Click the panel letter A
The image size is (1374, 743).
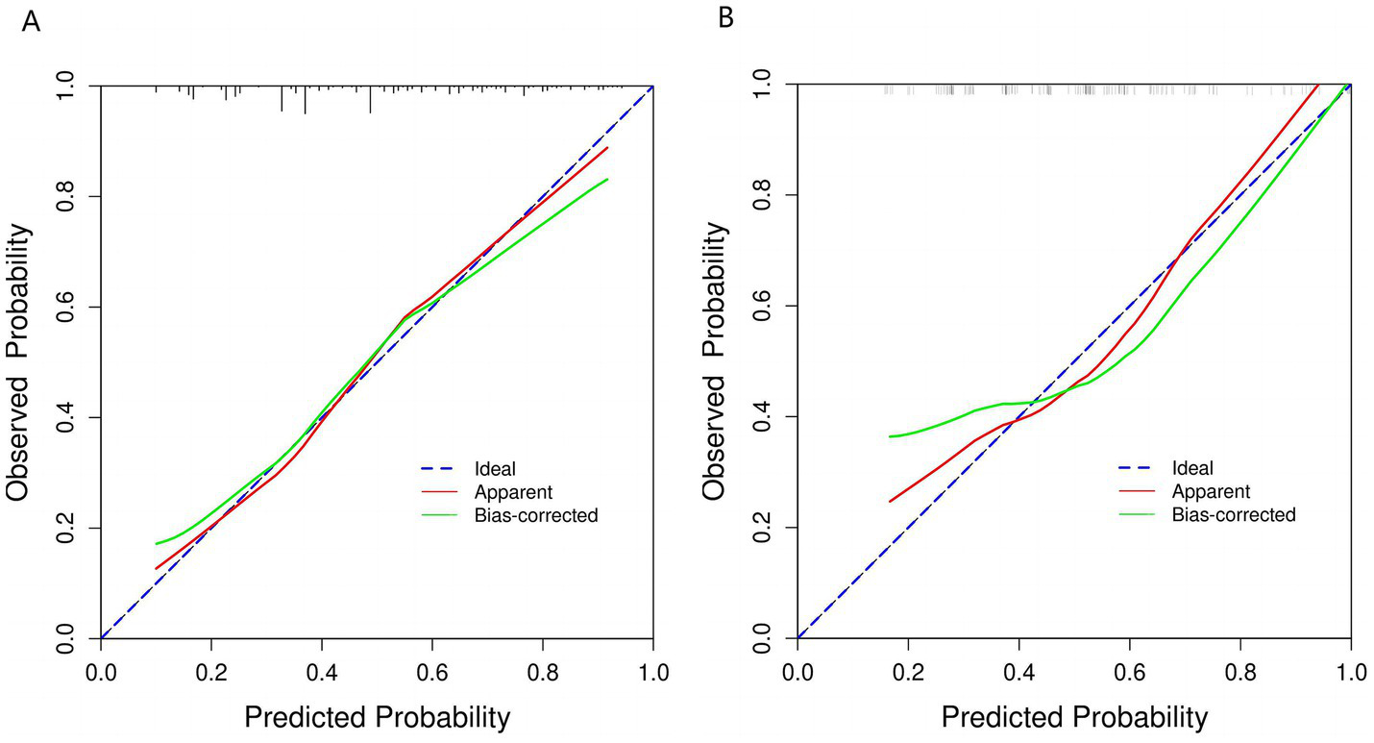(31, 22)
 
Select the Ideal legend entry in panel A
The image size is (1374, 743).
(495, 470)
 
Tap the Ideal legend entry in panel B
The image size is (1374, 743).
(1192, 469)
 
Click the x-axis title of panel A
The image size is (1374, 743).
(377, 717)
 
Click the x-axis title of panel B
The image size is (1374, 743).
(1074, 717)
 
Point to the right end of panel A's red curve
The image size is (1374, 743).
(607, 147)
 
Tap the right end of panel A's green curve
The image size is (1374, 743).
(607, 179)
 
